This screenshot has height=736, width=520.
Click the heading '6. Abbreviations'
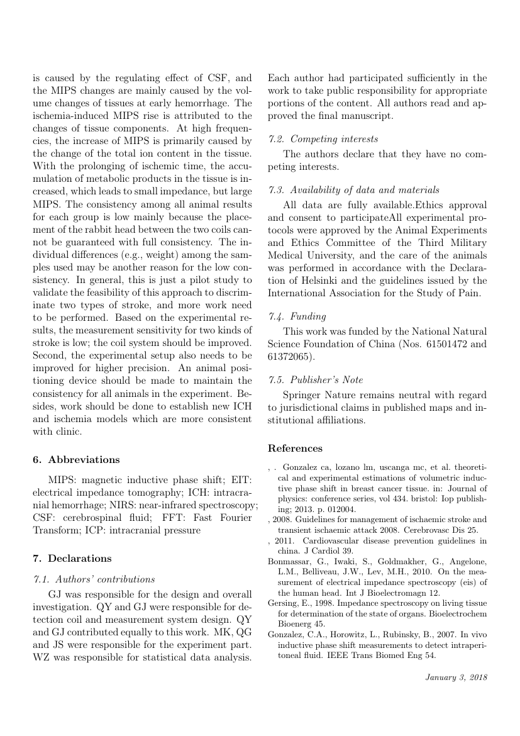[75, 459]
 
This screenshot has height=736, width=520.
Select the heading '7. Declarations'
[72, 558]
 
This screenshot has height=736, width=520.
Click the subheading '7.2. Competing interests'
[323, 138]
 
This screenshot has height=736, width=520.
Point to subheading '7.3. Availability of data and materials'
[353, 189]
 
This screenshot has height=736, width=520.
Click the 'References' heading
[295, 449]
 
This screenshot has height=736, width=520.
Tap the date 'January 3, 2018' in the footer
[456, 677]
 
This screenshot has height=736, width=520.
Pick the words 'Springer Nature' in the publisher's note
[319, 395]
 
